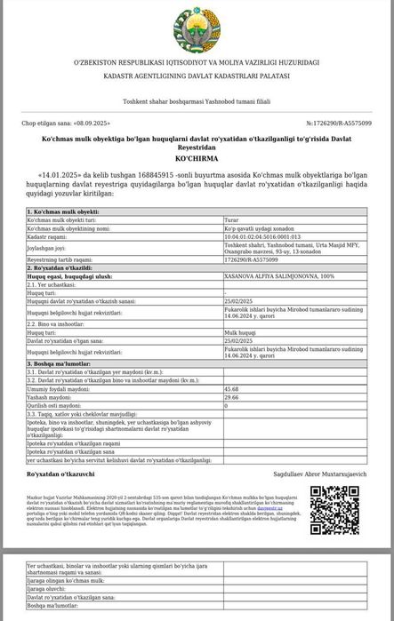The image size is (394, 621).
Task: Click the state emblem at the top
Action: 196,26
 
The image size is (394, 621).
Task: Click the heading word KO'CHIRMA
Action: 196,157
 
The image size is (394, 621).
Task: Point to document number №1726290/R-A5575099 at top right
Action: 339,123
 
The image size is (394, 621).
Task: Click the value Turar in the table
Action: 232,219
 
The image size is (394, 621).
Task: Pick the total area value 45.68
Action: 231,388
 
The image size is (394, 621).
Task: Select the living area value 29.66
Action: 231,396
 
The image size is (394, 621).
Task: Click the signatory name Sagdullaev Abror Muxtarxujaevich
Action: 319,474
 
